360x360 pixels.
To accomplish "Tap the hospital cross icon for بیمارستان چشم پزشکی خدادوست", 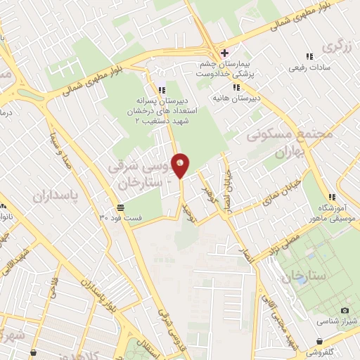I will [x=224, y=53].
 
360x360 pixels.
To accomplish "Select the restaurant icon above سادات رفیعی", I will [x=308, y=56].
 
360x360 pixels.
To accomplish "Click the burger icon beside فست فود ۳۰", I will [x=121, y=207].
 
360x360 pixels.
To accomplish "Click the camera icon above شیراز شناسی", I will [x=345, y=310].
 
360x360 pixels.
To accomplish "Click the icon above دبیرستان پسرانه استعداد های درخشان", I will [x=162, y=90].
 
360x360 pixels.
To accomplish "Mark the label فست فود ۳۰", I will [x=142, y=218].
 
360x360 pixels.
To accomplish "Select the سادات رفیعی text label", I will [x=309, y=69].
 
